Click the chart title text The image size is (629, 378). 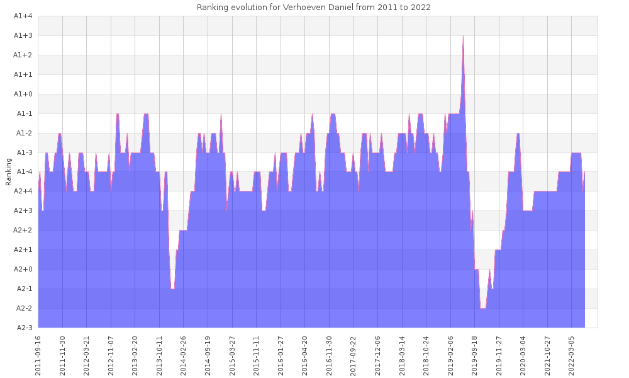point(313,8)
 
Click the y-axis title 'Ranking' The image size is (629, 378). point(9,172)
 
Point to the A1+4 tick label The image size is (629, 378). point(23,16)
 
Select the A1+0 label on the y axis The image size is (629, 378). point(23,94)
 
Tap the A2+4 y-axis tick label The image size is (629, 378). point(23,192)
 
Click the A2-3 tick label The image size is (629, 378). point(23,328)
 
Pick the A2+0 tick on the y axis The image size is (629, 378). point(23,270)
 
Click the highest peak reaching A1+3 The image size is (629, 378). point(463,37)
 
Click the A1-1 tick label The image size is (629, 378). point(23,114)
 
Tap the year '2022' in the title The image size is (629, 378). point(421,8)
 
